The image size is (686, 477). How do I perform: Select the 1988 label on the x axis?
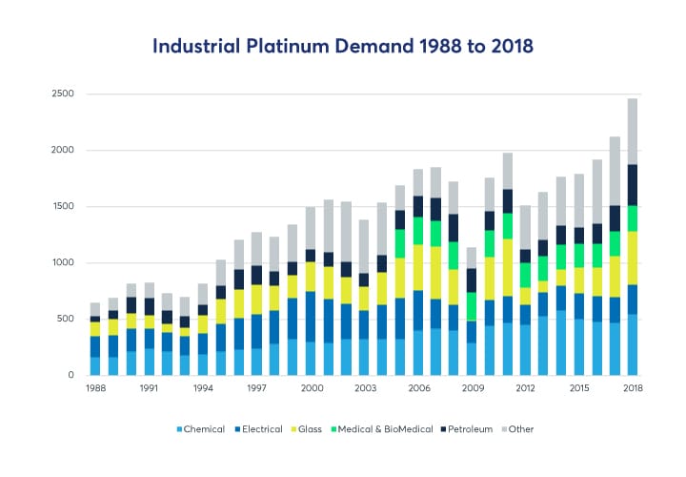coord(94,389)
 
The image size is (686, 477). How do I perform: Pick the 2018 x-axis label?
coord(632,389)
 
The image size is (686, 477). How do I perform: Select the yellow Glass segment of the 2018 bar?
coord(632,258)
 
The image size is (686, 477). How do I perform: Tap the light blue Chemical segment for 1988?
coord(94,365)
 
